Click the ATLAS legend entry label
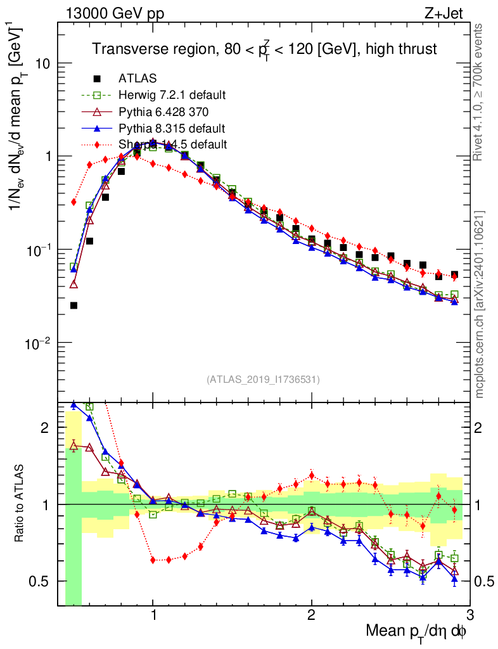[137, 79]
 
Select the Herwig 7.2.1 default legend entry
[172, 95]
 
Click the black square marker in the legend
[97, 79]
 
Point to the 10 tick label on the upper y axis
[42, 64]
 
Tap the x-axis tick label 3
[469, 614]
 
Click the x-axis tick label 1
[153, 614]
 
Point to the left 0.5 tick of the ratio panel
[43, 581]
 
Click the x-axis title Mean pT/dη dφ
[416, 632]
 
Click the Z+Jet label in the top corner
[449, 14]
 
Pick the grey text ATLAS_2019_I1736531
[263, 380]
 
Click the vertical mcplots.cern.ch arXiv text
[480, 304]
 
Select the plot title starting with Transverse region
[264, 49]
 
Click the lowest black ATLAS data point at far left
[73, 305]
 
